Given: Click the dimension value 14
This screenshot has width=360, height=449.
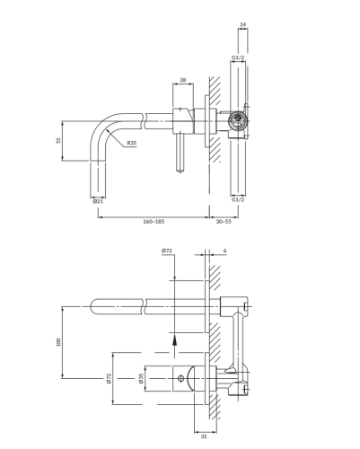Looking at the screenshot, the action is tap(243, 24).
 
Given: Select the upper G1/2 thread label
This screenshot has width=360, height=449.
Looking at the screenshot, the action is tap(238, 57).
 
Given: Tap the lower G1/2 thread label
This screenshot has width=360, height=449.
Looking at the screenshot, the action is tap(238, 199).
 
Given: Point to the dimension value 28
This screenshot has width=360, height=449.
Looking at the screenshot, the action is tap(183, 80).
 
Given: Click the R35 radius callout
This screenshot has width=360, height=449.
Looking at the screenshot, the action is tap(132, 143).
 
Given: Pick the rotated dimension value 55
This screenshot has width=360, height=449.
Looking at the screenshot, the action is tap(58, 140).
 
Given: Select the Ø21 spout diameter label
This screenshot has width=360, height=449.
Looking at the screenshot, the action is tap(98, 201).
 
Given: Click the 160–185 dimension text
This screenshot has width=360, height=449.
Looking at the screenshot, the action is tap(154, 222).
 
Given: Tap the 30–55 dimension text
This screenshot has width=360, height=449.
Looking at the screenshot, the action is tap(224, 222).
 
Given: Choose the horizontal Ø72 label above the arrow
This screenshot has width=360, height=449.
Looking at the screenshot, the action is tap(167, 251).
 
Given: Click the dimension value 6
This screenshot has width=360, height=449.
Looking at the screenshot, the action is tap(224, 251).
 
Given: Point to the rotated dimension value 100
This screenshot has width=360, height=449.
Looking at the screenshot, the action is tap(58, 342).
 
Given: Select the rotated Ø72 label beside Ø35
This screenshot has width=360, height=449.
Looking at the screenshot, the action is tap(109, 378).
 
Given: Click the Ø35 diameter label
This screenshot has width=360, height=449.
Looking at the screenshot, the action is tap(141, 378).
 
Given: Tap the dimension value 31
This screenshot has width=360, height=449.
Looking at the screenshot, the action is tap(204, 436).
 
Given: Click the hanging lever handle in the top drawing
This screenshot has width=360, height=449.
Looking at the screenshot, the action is tap(180, 154).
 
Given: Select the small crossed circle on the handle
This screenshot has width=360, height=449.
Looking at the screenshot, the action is tap(180, 378).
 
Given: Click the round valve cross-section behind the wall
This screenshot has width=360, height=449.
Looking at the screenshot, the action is tap(238, 121).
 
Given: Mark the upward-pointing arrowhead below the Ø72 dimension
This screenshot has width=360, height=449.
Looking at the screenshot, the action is tap(174, 340).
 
